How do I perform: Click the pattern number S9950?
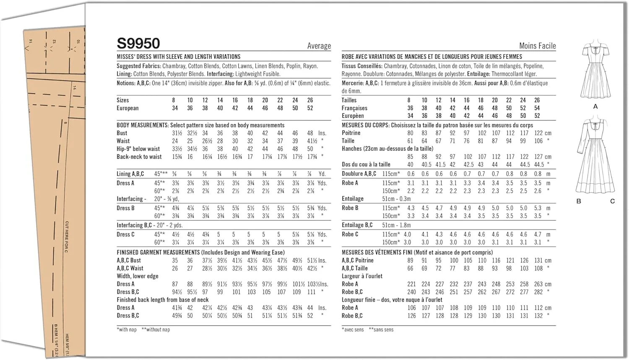tap(138, 44)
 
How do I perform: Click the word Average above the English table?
tap(319, 46)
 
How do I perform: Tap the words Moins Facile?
tap(537, 46)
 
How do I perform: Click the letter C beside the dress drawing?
tap(612, 201)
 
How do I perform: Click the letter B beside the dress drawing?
tap(579, 201)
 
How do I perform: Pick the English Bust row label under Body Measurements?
tap(122, 133)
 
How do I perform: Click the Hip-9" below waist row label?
tap(138, 149)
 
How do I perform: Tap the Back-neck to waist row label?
tap(139, 157)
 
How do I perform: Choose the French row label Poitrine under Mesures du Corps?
tap(351, 133)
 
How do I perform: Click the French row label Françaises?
tap(354, 108)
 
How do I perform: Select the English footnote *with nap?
tap(127, 330)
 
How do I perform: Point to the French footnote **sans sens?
tap(381, 330)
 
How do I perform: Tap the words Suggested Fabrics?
tap(138, 66)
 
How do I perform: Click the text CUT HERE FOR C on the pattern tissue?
tap(67, 237)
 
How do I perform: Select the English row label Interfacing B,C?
tap(134, 225)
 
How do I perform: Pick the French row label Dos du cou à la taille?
tap(366, 164)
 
